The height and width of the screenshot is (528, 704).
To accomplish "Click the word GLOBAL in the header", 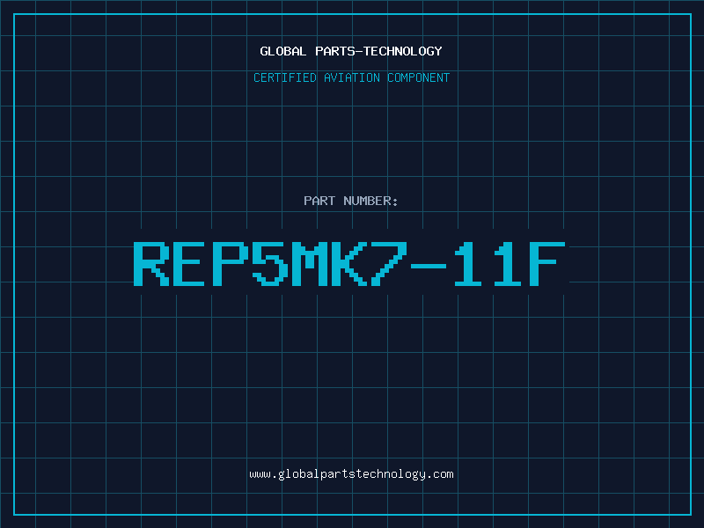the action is [282, 51].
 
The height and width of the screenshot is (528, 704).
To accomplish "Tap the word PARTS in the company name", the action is [335, 51].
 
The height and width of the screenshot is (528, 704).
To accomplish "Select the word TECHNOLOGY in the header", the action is [403, 51].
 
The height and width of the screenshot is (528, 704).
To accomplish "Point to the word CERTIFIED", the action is [285, 77].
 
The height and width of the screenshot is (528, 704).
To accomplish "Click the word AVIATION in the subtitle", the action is [352, 77].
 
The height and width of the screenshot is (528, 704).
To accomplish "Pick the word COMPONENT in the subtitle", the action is [419, 77].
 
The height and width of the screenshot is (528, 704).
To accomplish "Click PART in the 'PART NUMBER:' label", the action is [319, 201].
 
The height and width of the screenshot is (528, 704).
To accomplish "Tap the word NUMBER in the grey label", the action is [367, 201].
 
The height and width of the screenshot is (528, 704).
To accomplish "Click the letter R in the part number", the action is [151, 263].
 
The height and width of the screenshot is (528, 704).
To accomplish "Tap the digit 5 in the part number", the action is [269, 263].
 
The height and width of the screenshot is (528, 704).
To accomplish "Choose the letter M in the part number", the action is [309, 263].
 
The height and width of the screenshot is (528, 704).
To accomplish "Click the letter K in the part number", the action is [348, 263].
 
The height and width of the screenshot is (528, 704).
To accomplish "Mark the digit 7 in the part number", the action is [388, 263].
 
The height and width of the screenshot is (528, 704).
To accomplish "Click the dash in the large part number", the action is [428, 266].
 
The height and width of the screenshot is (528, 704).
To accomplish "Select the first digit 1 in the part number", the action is [468, 263].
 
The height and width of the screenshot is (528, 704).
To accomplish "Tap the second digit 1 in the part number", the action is [508, 263].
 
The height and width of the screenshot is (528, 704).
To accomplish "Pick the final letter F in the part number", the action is [546, 263].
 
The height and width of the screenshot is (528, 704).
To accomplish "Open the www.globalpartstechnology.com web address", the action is [351, 474].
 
